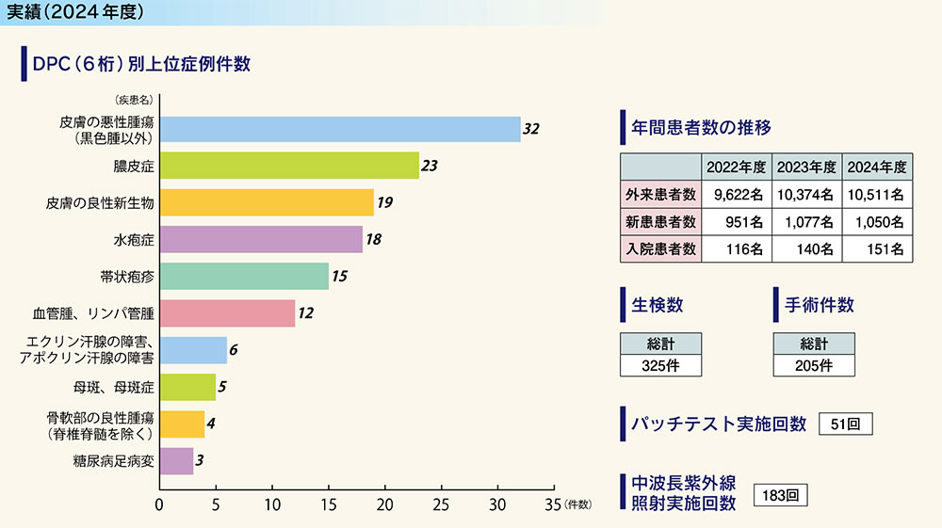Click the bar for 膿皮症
point(289,166)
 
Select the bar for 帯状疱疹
point(244,276)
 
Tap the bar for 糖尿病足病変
point(176,460)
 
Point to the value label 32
point(530,129)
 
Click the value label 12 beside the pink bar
point(305,312)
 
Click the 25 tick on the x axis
point(441,504)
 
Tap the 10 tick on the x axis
point(272,504)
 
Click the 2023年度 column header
point(806,168)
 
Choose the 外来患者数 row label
point(660,195)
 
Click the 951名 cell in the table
point(737,222)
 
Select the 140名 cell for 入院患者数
point(806,249)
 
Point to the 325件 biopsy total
point(659,365)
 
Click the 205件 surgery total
point(813,365)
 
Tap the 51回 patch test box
point(846,424)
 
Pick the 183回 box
point(781,493)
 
